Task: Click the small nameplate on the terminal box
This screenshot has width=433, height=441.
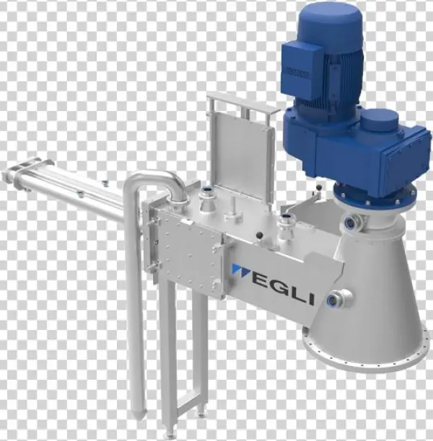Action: click(x=298, y=73)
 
